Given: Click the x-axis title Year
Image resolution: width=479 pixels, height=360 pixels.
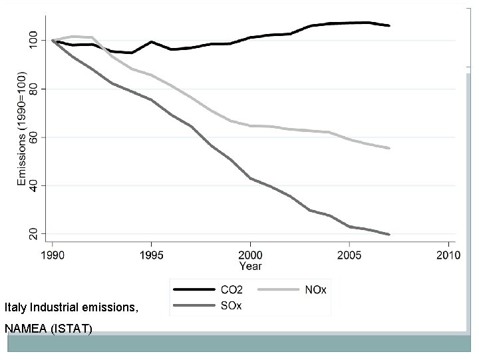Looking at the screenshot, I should point(250,267).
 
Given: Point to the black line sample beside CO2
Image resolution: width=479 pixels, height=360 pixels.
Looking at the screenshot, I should point(193,290).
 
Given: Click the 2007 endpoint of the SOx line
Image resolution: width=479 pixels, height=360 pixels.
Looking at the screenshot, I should point(389,234).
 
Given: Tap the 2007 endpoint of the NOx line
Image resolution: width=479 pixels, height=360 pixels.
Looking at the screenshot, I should point(389,148).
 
